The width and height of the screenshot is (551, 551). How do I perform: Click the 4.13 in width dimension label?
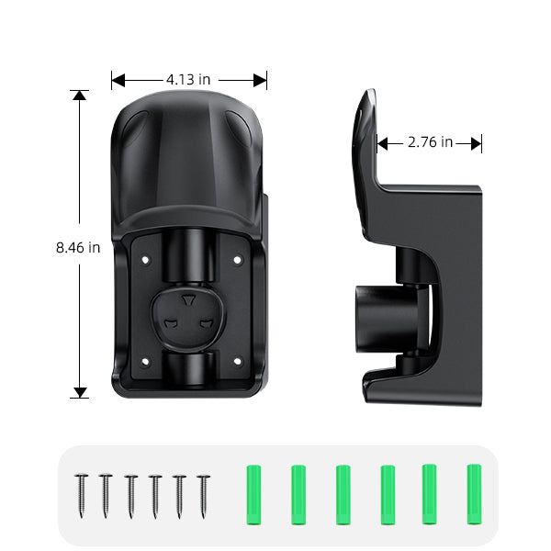188,79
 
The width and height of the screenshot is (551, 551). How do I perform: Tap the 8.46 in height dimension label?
78,248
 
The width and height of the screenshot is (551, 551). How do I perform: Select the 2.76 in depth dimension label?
430,142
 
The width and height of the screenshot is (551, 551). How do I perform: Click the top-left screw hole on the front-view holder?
145,260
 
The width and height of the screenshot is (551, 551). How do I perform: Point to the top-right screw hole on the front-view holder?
238,260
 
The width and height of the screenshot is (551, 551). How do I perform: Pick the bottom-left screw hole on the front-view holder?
145,361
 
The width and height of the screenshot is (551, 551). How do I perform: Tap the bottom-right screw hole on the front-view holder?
238,361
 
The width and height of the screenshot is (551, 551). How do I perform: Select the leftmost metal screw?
81,496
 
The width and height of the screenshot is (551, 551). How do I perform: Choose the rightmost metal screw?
203,497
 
